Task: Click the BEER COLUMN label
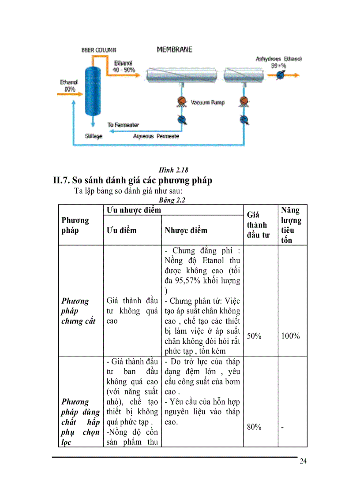pyautogui.click(x=99, y=50)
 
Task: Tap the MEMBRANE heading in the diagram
pyautogui.click(x=175, y=50)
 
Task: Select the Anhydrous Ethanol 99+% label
pyautogui.click(x=279, y=62)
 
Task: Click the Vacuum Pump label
pyautogui.click(x=207, y=102)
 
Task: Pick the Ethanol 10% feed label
pyautogui.click(x=69, y=86)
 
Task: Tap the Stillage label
pyautogui.click(x=94, y=136)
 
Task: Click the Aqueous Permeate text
pyautogui.click(x=156, y=136)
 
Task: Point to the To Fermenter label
pyautogui.click(x=123, y=125)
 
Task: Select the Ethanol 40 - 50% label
pyautogui.click(x=124, y=67)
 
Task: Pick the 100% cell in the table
pyautogui.click(x=290, y=336)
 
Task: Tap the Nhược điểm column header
pyautogui.click(x=186, y=231)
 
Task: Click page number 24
pyautogui.click(x=303, y=462)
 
